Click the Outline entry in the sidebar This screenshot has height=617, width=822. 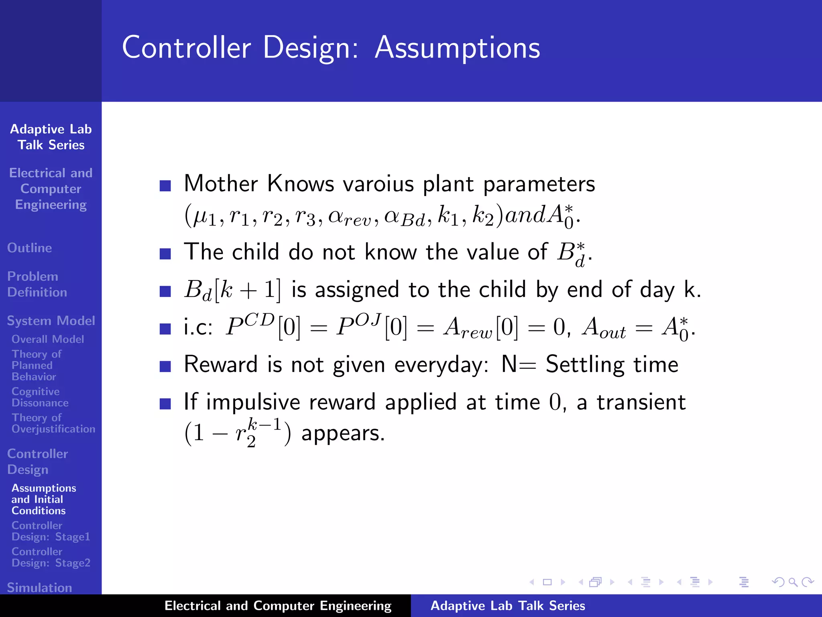coord(29,248)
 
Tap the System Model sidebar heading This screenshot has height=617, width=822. coord(51,321)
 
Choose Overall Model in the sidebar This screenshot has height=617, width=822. coord(48,339)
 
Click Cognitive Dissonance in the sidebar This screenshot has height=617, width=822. coord(39,397)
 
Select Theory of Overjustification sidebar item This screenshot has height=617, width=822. coord(53,423)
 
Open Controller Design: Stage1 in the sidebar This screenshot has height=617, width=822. coord(51,531)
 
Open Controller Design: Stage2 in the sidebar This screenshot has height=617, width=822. coord(51,557)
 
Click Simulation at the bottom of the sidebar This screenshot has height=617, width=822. coord(39,587)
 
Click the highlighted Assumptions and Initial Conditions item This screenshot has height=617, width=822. coord(43,499)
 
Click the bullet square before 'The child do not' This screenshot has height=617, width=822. coord(165,254)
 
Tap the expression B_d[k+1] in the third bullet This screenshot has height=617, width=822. coord(232,290)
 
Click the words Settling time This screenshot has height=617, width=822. coord(612,365)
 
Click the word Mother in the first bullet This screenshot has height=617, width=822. coord(221,184)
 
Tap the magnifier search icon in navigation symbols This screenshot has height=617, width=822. coord(792,582)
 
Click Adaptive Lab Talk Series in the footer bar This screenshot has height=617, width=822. coord(507,606)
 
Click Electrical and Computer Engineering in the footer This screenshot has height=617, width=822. coord(278,606)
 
